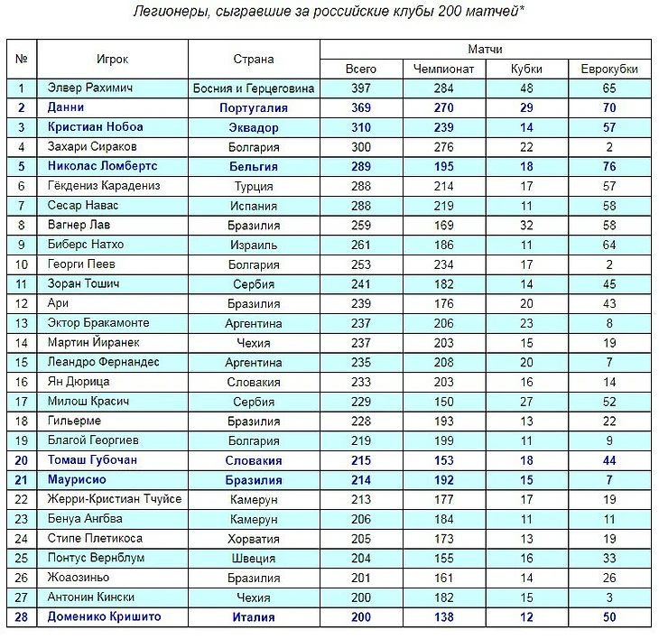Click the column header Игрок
113,60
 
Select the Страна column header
253,60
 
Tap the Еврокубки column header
608,69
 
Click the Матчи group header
486,48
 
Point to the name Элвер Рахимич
91,88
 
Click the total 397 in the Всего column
361,88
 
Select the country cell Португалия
253,108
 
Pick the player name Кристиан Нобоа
96,127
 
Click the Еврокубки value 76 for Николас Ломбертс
608,167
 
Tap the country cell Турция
253,186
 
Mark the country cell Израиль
253,245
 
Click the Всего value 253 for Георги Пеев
361,264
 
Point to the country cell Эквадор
253,127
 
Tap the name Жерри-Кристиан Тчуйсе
115,499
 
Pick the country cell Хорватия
253,539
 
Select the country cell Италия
253,617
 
